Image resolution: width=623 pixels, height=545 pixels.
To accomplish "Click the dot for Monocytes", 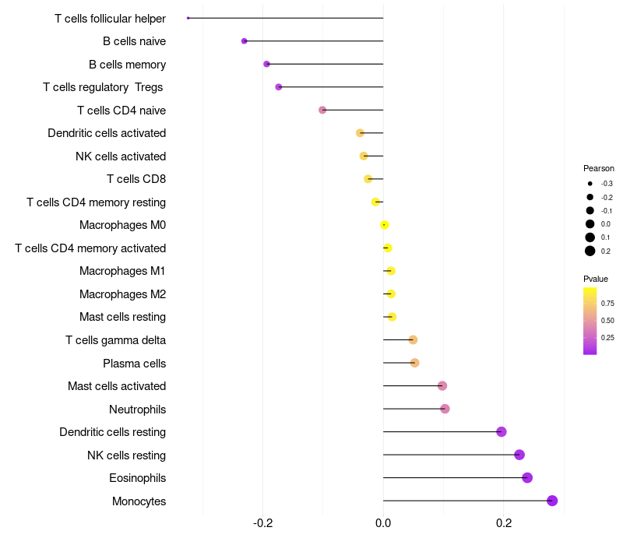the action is pos(552,501).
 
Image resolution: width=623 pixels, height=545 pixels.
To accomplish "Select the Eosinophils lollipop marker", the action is pos(527,477).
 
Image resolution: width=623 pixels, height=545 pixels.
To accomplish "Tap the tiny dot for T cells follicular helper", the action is pos(188,18).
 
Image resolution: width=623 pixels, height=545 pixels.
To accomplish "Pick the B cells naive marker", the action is pos(245,41).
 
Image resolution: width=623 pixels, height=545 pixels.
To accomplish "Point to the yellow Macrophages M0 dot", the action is pos(384,225).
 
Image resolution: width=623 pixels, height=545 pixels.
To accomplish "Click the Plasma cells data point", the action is pos(414,363).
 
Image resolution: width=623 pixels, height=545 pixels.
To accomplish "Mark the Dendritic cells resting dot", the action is pos(502,431).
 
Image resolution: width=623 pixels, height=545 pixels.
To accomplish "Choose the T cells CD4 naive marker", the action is pos(322,110).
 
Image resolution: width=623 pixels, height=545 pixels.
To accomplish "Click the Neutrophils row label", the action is pos(138,410).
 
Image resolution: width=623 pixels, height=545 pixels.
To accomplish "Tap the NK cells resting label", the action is pos(126,455).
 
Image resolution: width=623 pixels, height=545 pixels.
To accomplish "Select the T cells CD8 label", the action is pos(136,179).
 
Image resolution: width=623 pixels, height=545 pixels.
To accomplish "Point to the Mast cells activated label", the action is pos(117,386).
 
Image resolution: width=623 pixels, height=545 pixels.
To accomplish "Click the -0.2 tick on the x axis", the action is pos(262,522).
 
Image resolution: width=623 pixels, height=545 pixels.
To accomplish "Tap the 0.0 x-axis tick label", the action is pos(383,522).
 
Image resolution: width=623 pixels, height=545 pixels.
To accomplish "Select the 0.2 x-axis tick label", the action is pos(503,522).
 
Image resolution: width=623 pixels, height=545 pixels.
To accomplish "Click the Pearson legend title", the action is pos(598,168).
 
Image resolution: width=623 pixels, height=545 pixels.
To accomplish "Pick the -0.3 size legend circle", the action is pos(590,184).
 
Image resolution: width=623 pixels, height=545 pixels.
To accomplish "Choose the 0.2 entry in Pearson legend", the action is pos(590,251).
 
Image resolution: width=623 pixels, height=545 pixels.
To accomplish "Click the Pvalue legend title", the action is pos(596,279).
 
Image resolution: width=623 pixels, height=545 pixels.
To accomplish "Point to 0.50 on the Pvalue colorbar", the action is pos(607,321).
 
